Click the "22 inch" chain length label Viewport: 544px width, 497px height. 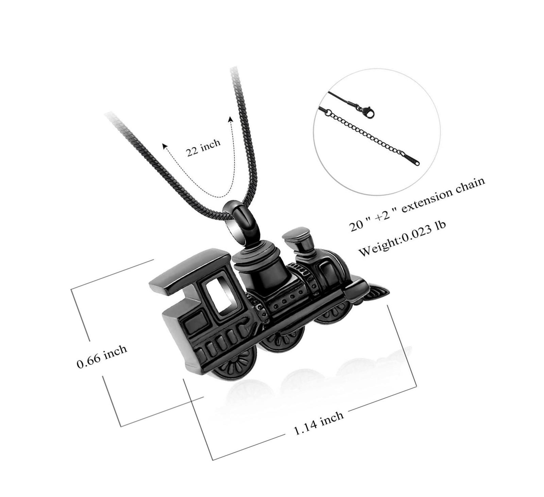tap(203, 147)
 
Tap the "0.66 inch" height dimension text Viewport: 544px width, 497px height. tap(102, 356)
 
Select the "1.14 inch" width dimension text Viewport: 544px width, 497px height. tap(318, 423)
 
